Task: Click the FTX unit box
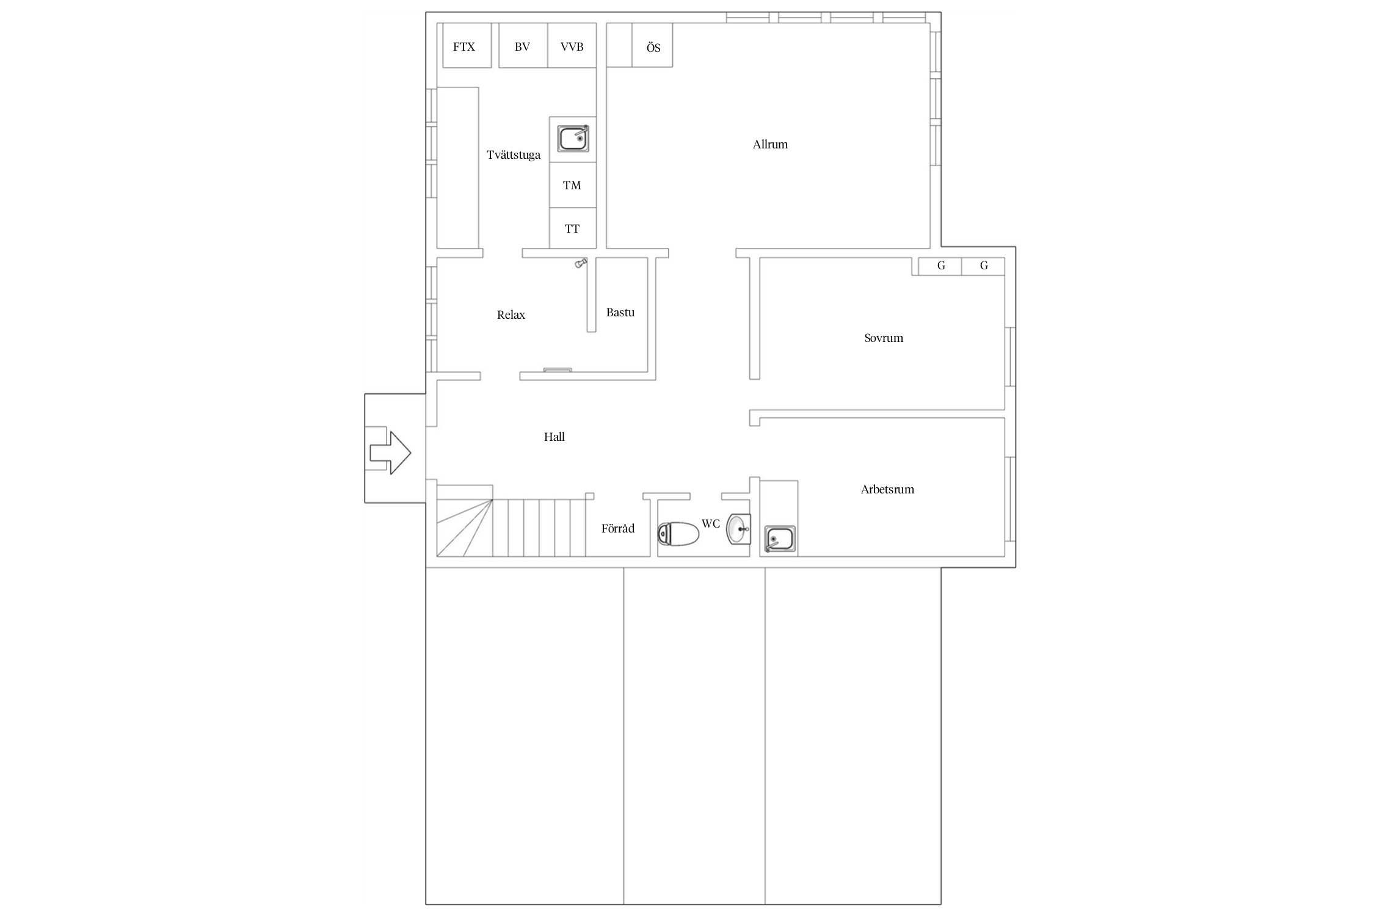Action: click(x=467, y=46)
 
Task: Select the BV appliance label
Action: click(x=522, y=46)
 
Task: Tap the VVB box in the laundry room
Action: click(x=572, y=46)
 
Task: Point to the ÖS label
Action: click(x=653, y=48)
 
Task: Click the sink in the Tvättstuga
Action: click(x=574, y=138)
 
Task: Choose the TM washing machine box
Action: click(x=572, y=185)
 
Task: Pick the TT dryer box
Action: click(x=572, y=228)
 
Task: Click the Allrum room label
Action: click(x=770, y=145)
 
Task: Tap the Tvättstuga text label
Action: click(x=514, y=155)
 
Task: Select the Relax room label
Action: click(x=511, y=315)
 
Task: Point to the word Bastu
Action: click(x=620, y=313)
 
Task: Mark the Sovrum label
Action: click(x=884, y=338)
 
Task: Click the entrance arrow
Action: click(x=390, y=453)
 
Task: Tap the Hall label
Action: click(x=554, y=437)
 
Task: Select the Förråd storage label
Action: click(x=618, y=529)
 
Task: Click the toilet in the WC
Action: click(x=678, y=534)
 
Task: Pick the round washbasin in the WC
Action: click(x=738, y=529)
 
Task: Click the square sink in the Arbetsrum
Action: click(x=779, y=539)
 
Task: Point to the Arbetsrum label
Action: click(x=887, y=490)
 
